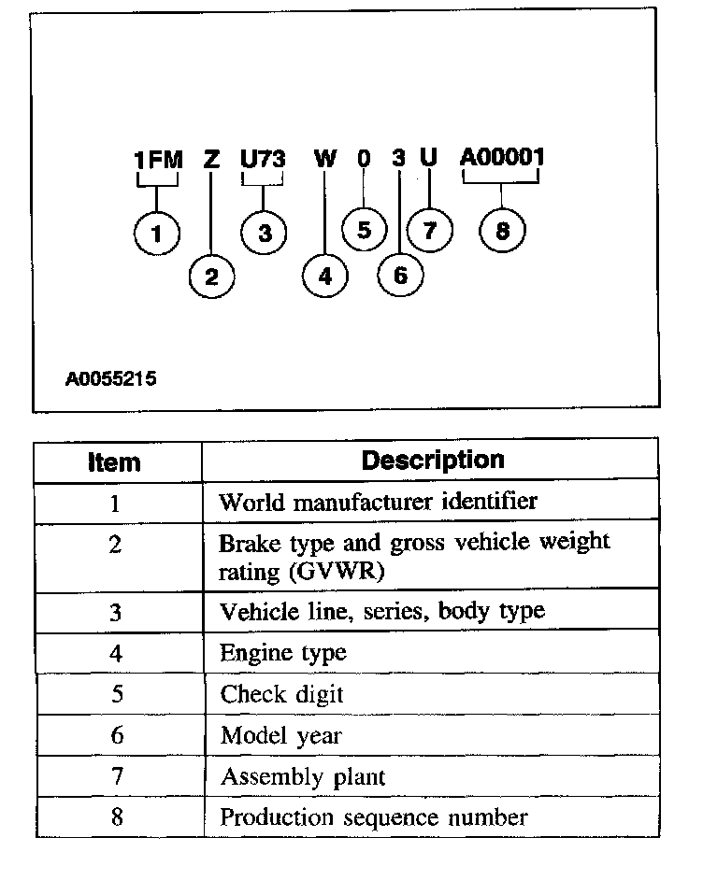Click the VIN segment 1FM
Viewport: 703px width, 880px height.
(x=158, y=160)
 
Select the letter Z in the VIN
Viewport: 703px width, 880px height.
(x=211, y=160)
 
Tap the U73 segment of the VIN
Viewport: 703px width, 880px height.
(x=263, y=160)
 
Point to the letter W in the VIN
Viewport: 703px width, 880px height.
(x=324, y=160)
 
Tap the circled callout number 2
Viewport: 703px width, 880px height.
(x=211, y=276)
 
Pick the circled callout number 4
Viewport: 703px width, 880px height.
(x=324, y=276)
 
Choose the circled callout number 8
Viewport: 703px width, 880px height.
(x=503, y=231)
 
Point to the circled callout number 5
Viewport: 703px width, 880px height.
(x=364, y=230)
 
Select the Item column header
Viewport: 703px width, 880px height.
(x=114, y=462)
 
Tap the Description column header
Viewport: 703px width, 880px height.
(x=432, y=461)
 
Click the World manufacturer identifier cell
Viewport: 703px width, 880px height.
(x=378, y=502)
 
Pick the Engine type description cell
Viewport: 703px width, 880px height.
(x=282, y=653)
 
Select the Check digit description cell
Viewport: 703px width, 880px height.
(x=281, y=694)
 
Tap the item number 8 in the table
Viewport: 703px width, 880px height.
(x=116, y=816)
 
